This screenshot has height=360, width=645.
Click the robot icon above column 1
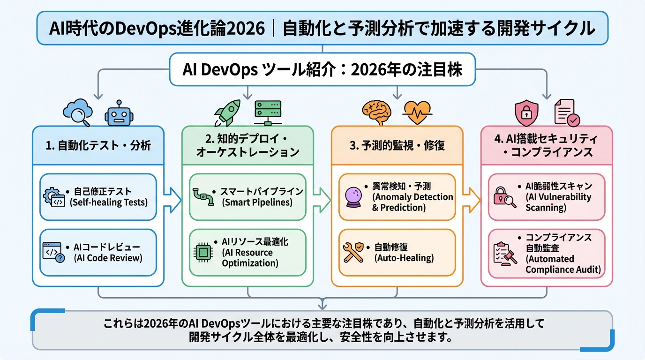pos(119,113)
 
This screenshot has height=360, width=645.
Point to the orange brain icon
pos(376,112)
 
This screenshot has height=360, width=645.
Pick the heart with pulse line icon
pos(418,112)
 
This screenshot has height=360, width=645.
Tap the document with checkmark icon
pos(566,112)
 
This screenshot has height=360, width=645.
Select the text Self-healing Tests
pos(108,202)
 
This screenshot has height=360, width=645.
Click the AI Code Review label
pos(108,257)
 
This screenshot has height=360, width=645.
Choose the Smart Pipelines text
pos(257,202)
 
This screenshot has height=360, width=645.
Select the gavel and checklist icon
pos(505,253)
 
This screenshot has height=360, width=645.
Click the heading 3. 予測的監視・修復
pos(397,145)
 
